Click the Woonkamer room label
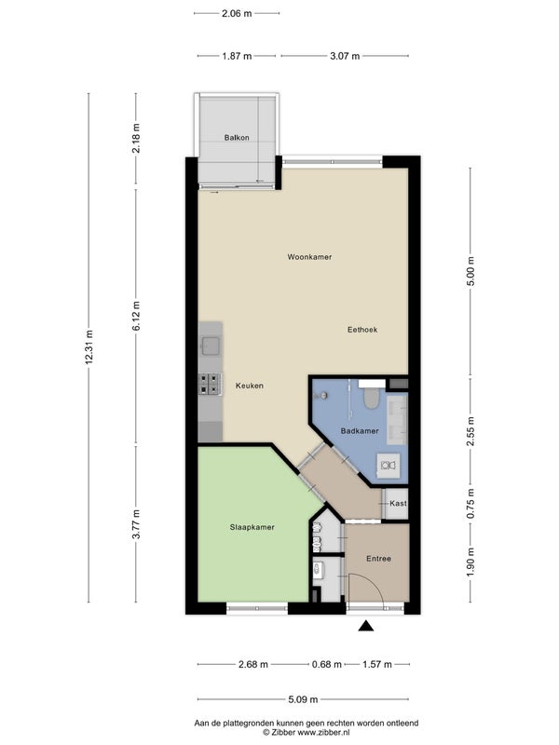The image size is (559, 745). coord(309,257)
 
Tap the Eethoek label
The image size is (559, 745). coord(362,330)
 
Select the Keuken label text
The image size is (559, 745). coord(250,386)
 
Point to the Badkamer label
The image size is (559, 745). coord(360,431)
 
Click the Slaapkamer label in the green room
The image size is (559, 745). coord(252,527)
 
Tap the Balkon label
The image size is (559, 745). coord(237,138)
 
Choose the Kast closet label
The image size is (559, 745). coord(398,503)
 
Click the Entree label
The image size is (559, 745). coord(378,559)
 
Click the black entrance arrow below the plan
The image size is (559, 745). coord(365,626)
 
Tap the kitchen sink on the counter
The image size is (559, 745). coord(211,345)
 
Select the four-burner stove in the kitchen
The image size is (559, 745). coord(211,384)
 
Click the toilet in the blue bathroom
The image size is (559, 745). coord(371,398)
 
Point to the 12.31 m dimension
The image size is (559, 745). coord(89,347)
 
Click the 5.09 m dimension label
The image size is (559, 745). coord(303,699)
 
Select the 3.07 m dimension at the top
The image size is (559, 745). coord(345,56)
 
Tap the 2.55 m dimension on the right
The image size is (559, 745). coord(470,431)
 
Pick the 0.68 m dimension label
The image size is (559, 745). coord(327,664)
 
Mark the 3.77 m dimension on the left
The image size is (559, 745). coord(136,524)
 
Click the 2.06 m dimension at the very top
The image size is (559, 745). coord(237,13)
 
